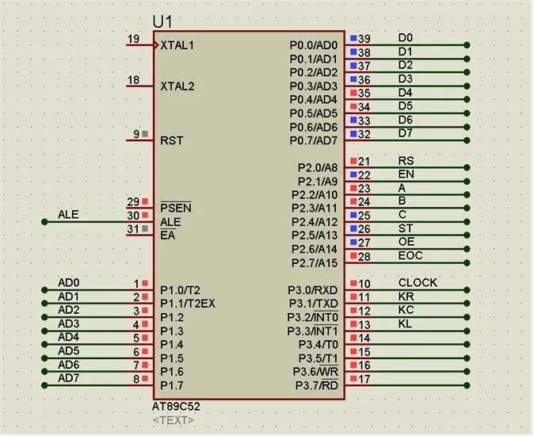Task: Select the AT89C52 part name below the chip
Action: pyautogui.click(x=177, y=407)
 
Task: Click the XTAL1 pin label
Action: pyautogui.click(x=177, y=45)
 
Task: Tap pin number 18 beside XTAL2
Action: pyautogui.click(x=133, y=80)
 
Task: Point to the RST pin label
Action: pyautogui.click(x=171, y=140)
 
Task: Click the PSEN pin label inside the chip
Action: pyautogui.click(x=175, y=208)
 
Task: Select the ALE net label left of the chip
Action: pyautogui.click(x=68, y=215)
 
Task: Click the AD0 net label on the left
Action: pyautogui.click(x=69, y=283)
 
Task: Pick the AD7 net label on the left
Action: pyautogui.click(x=69, y=377)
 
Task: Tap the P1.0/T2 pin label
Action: pyautogui.click(x=180, y=290)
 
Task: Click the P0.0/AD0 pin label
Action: pyautogui.click(x=313, y=45)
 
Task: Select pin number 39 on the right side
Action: pyautogui.click(x=364, y=39)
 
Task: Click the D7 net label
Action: pyautogui.click(x=405, y=133)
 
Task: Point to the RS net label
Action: pyautogui.click(x=406, y=161)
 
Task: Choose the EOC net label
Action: pyautogui.click(x=410, y=256)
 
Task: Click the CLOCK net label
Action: pyautogui.click(x=418, y=283)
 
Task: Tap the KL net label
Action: pyautogui.click(x=405, y=323)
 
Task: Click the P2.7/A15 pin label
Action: pyautogui.click(x=315, y=262)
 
